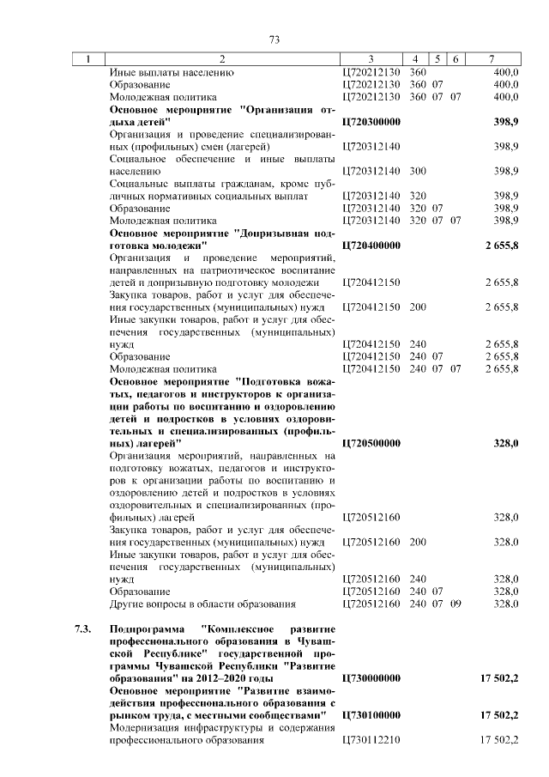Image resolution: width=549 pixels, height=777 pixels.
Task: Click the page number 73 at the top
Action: click(x=274, y=39)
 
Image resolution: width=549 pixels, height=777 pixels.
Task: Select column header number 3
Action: click(x=371, y=59)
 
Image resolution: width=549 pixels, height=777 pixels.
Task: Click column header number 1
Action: click(x=87, y=59)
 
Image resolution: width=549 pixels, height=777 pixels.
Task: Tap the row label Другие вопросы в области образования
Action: click(x=202, y=604)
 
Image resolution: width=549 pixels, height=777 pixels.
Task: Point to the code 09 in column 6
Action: click(x=455, y=604)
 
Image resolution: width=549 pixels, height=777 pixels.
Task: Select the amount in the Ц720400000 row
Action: click(x=503, y=245)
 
